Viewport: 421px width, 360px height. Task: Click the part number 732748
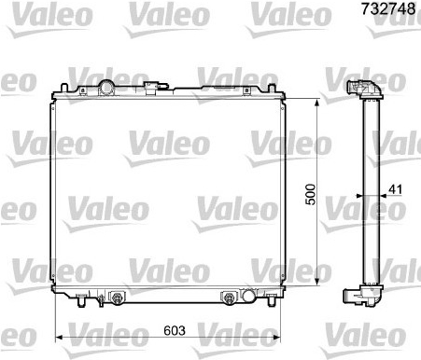388,8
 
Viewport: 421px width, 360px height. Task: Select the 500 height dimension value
310,195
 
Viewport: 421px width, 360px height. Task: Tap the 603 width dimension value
175,330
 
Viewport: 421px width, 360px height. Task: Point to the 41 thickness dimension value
396,189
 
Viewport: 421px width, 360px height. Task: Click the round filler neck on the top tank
105,87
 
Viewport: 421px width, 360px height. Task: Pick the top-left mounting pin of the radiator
64,88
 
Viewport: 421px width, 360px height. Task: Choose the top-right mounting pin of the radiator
272,88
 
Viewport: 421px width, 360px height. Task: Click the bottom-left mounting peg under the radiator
81,300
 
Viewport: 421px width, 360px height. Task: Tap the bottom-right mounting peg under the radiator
272,300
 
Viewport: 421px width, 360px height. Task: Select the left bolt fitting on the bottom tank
117,298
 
